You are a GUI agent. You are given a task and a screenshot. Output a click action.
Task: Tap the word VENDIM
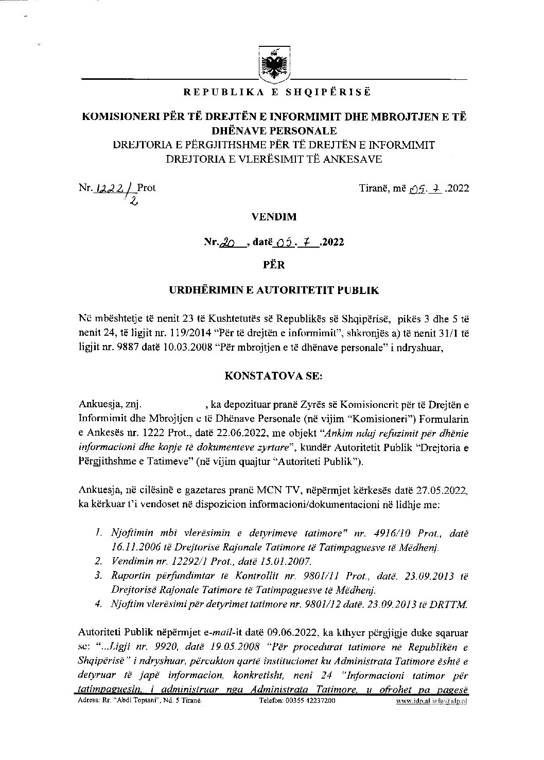pos(274,217)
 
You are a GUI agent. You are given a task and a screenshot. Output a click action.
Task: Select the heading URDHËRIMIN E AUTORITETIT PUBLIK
pos(274,290)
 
